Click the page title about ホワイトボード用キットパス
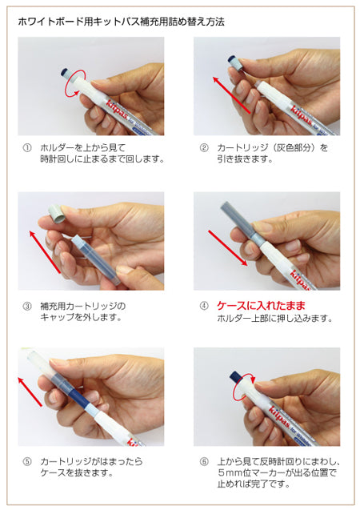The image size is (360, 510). pos(121,22)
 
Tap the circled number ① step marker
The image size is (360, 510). pos(27,148)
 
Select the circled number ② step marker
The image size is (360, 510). pos(204,148)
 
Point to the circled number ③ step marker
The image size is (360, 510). pos(27,306)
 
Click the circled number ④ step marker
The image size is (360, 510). pos(204,306)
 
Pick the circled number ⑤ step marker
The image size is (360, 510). pos(27,461)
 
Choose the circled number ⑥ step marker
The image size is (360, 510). pos(204,461)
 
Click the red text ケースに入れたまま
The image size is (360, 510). pos(262,306)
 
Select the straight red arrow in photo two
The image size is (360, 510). pos(231,95)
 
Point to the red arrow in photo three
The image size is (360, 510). pos(45,251)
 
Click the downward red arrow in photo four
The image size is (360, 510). pos(228,248)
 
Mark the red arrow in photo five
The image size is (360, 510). pos(30,392)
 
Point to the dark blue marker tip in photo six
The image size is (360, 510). pos(235,377)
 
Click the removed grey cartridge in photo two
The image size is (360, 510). pos(234,63)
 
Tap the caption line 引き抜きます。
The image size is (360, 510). pos(245,159)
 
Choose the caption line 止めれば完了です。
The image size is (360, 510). pos(254,484)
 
